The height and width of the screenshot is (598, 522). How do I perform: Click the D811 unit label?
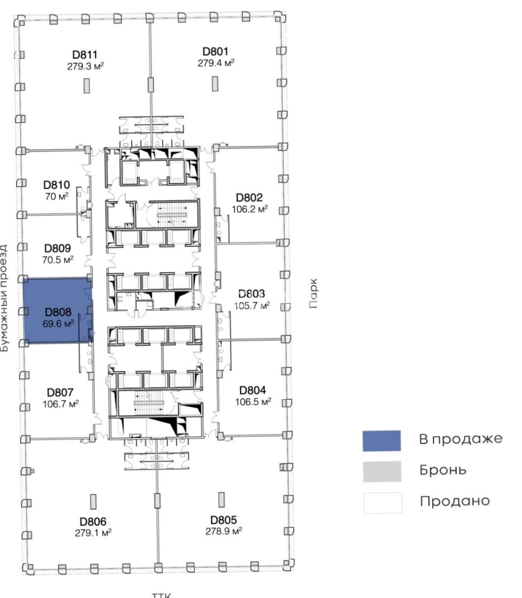pyautogui.click(x=85, y=54)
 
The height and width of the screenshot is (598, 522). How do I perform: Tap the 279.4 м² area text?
pyautogui.click(x=216, y=63)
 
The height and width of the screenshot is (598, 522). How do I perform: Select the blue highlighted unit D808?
pyautogui.click(x=58, y=310)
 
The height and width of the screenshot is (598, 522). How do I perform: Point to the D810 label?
pyautogui.click(x=57, y=185)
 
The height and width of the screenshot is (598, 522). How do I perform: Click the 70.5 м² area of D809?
pyautogui.click(x=57, y=260)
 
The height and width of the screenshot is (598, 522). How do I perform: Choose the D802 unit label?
pyautogui.click(x=250, y=197)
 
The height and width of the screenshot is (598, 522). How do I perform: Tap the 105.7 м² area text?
pyautogui.click(x=252, y=305)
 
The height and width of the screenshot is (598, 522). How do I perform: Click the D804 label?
pyautogui.click(x=252, y=390)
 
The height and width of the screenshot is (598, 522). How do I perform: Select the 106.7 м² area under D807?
pyautogui.click(x=60, y=404)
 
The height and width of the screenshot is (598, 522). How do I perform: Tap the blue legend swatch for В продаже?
pyautogui.click(x=381, y=441)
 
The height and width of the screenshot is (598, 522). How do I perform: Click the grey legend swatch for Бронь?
pyautogui.click(x=382, y=472)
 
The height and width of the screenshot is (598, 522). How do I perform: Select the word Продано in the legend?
pyautogui.click(x=455, y=501)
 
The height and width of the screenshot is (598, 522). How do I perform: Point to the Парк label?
pyautogui.click(x=313, y=293)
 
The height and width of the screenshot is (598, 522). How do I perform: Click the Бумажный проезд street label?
pyautogui.click(x=4, y=298)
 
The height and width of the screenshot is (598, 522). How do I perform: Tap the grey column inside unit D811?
pyautogui.click(x=87, y=86)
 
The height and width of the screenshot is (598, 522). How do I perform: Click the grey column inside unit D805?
pyautogui.click(x=222, y=500)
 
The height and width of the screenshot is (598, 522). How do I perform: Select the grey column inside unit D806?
pyautogui.click(x=93, y=502)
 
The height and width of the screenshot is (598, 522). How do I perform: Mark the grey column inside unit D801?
pyautogui.click(x=215, y=84)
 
